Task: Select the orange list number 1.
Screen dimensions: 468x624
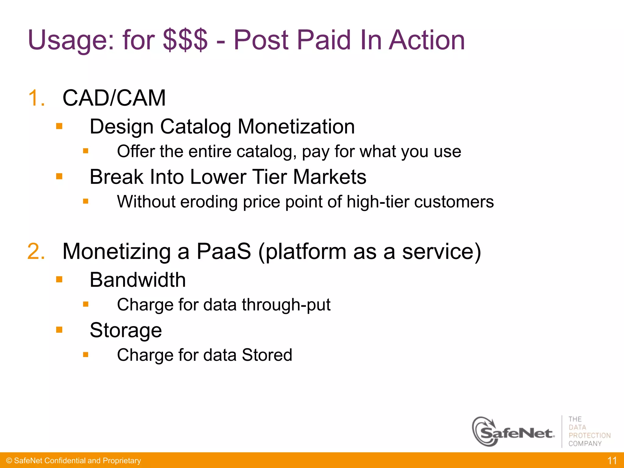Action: (x=36, y=98)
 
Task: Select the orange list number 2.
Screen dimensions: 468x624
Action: (x=36, y=251)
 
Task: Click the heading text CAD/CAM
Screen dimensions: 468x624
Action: (x=114, y=98)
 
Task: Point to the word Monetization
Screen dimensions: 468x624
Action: (x=296, y=126)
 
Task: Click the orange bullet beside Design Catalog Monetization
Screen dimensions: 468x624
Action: (x=59, y=126)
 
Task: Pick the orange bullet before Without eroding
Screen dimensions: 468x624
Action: (x=86, y=201)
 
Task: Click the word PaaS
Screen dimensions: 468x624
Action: (x=224, y=251)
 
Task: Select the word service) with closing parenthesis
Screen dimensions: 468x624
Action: (x=441, y=251)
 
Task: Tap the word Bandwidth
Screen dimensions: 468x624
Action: (x=138, y=280)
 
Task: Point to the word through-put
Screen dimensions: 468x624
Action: (x=286, y=305)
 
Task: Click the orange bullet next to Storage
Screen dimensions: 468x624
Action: (x=59, y=330)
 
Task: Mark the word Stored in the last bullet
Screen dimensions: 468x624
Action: (x=267, y=355)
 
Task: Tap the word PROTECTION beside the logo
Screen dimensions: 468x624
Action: (x=590, y=435)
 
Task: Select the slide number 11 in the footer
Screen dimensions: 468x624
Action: (x=612, y=460)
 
